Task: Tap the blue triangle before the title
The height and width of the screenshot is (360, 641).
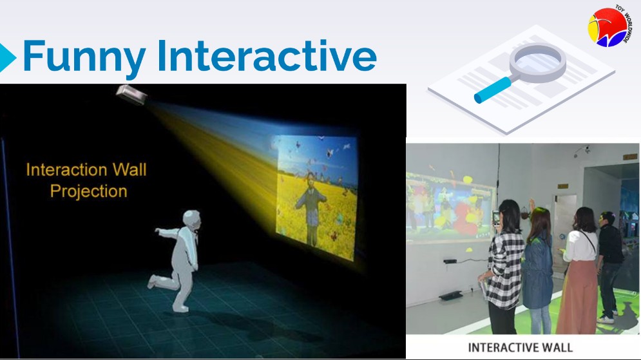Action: (7, 57)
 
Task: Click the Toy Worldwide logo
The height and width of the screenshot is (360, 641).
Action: (609, 26)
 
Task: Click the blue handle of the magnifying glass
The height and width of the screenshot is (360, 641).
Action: (492, 90)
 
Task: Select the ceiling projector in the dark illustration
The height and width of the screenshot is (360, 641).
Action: (131, 95)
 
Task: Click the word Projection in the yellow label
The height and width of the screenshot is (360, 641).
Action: (88, 191)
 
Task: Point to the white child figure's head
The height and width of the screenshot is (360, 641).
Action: (192, 221)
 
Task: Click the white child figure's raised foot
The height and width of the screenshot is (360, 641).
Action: (153, 281)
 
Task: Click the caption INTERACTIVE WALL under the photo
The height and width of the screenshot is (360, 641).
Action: (520, 348)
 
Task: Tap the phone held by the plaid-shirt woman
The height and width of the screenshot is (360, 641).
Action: (496, 218)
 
